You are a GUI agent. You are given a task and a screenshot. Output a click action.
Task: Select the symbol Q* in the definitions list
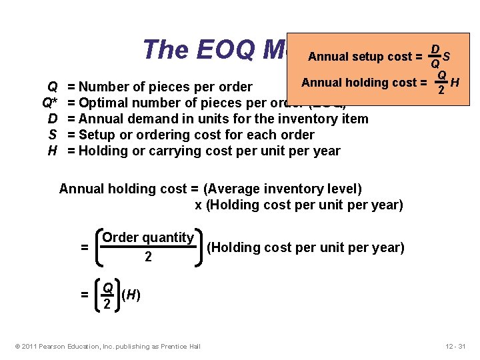(x=49, y=103)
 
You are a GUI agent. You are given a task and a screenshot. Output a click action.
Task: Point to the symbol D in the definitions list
(x=52, y=119)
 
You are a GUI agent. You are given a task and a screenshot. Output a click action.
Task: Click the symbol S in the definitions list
(x=52, y=135)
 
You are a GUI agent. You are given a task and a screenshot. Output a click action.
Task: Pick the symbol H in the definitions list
(x=52, y=151)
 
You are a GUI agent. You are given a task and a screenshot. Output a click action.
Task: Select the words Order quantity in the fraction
(x=148, y=237)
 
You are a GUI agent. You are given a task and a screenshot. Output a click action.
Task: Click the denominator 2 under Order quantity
(x=148, y=256)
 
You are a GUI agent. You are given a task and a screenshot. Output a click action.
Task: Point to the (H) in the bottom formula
(x=131, y=294)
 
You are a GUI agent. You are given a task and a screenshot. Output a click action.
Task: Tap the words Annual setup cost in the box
(x=356, y=57)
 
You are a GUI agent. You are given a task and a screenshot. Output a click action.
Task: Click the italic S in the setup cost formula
(x=445, y=56)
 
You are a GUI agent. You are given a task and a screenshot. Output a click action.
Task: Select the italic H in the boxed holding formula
(x=455, y=83)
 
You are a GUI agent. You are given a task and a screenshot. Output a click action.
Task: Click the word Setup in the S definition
(x=96, y=135)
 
